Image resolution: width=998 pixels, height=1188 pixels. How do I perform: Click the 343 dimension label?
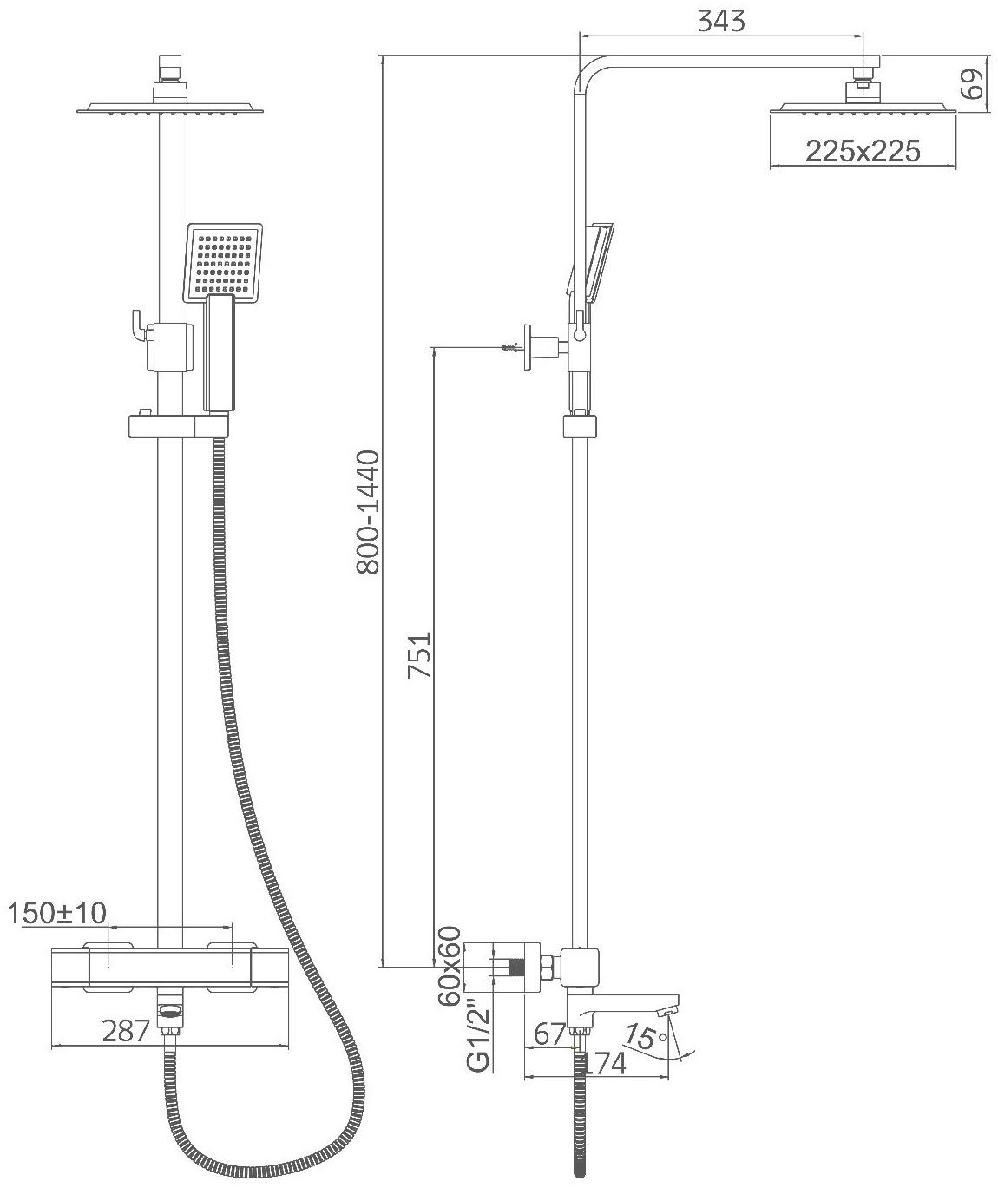pyautogui.click(x=720, y=21)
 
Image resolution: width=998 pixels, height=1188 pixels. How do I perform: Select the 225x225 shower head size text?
pyautogui.click(x=863, y=151)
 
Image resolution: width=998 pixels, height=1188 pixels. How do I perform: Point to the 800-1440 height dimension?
pyautogui.click(x=368, y=512)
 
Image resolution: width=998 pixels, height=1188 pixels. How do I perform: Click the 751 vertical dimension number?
pyautogui.click(x=420, y=655)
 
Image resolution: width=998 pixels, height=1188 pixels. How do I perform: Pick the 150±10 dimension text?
pyautogui.click(x=57, y=913)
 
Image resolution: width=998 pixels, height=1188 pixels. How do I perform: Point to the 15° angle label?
pyautogui.click(x=647, y=1036)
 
